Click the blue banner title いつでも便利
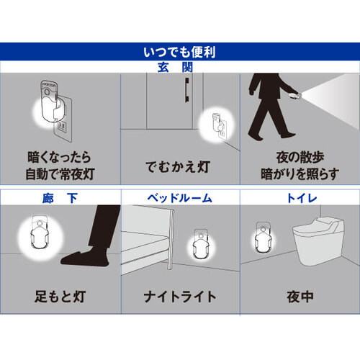point(179,52)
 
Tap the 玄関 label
point(176,68)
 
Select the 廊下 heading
point(60,199)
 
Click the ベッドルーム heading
point(180,199)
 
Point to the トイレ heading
point(302,199)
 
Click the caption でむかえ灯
point(178,167)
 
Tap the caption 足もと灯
point(60,297)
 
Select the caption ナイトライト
point(180,297)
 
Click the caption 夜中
point(300,297)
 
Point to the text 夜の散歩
point(300,157)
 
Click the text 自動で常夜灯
point(60,174)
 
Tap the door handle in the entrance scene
point(187,90)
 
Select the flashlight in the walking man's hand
point(295,96)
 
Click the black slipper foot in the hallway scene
point(85,258)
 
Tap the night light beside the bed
point(201,244)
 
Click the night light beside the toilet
point(264,237)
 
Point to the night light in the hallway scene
point(40,233)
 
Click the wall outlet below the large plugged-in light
point(61,126)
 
